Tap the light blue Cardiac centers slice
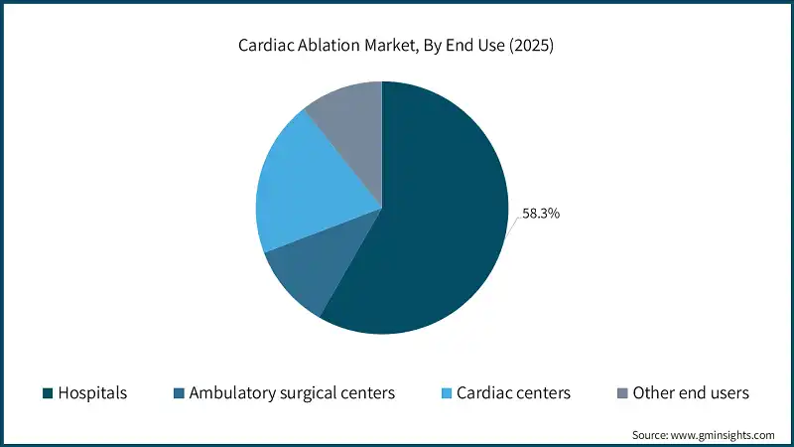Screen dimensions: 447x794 pos(298,189)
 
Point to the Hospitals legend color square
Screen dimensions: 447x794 pos(48,393)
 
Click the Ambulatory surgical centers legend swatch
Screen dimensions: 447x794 pos(180,393)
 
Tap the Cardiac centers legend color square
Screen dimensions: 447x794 pos(446,393)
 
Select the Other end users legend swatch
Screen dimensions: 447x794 pos(622,393)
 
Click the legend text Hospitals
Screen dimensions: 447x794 pos(93,393)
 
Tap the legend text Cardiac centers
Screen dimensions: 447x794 pos(513,393)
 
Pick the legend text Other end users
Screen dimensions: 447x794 pos(691,393)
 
